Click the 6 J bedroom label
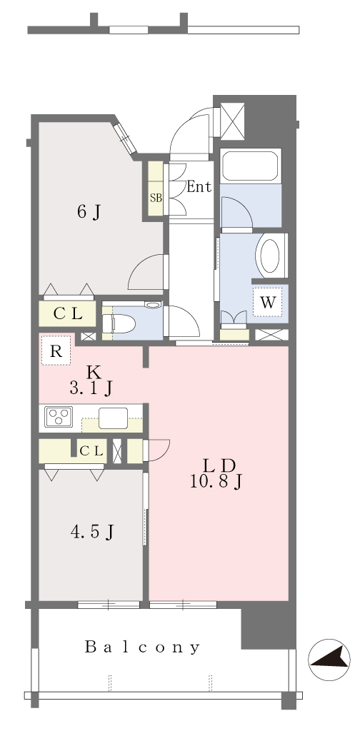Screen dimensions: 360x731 [x=89, y=213]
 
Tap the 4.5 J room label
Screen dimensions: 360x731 [x=92, y=531]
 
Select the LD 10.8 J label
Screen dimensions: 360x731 [x=216, y=473]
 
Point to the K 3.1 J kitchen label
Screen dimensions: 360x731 [x=92, y=380]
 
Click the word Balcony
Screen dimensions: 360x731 [x=143, y=647]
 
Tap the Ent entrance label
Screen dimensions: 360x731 [x=199, y=187]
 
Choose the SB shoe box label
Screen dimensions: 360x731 [x=156, y=197]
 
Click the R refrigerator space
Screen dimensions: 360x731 [x=56, y=350]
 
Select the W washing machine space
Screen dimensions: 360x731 [x=268, y=303]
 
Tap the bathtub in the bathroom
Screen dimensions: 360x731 [x=251, y=166]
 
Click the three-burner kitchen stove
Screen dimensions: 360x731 [x=59, y=417]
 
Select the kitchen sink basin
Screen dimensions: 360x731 [x=113, y=418]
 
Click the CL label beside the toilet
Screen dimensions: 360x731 [x=68, y=314]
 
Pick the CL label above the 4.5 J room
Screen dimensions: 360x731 [x=91, y=451]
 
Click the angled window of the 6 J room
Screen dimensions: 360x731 [x=125, y=138]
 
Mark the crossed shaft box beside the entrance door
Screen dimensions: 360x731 [x=232, y=121]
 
